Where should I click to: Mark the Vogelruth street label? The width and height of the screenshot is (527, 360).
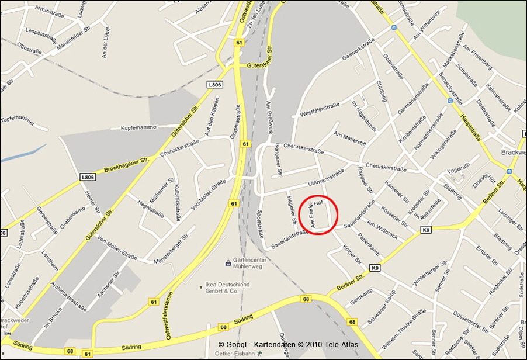[x=458, y=173]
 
